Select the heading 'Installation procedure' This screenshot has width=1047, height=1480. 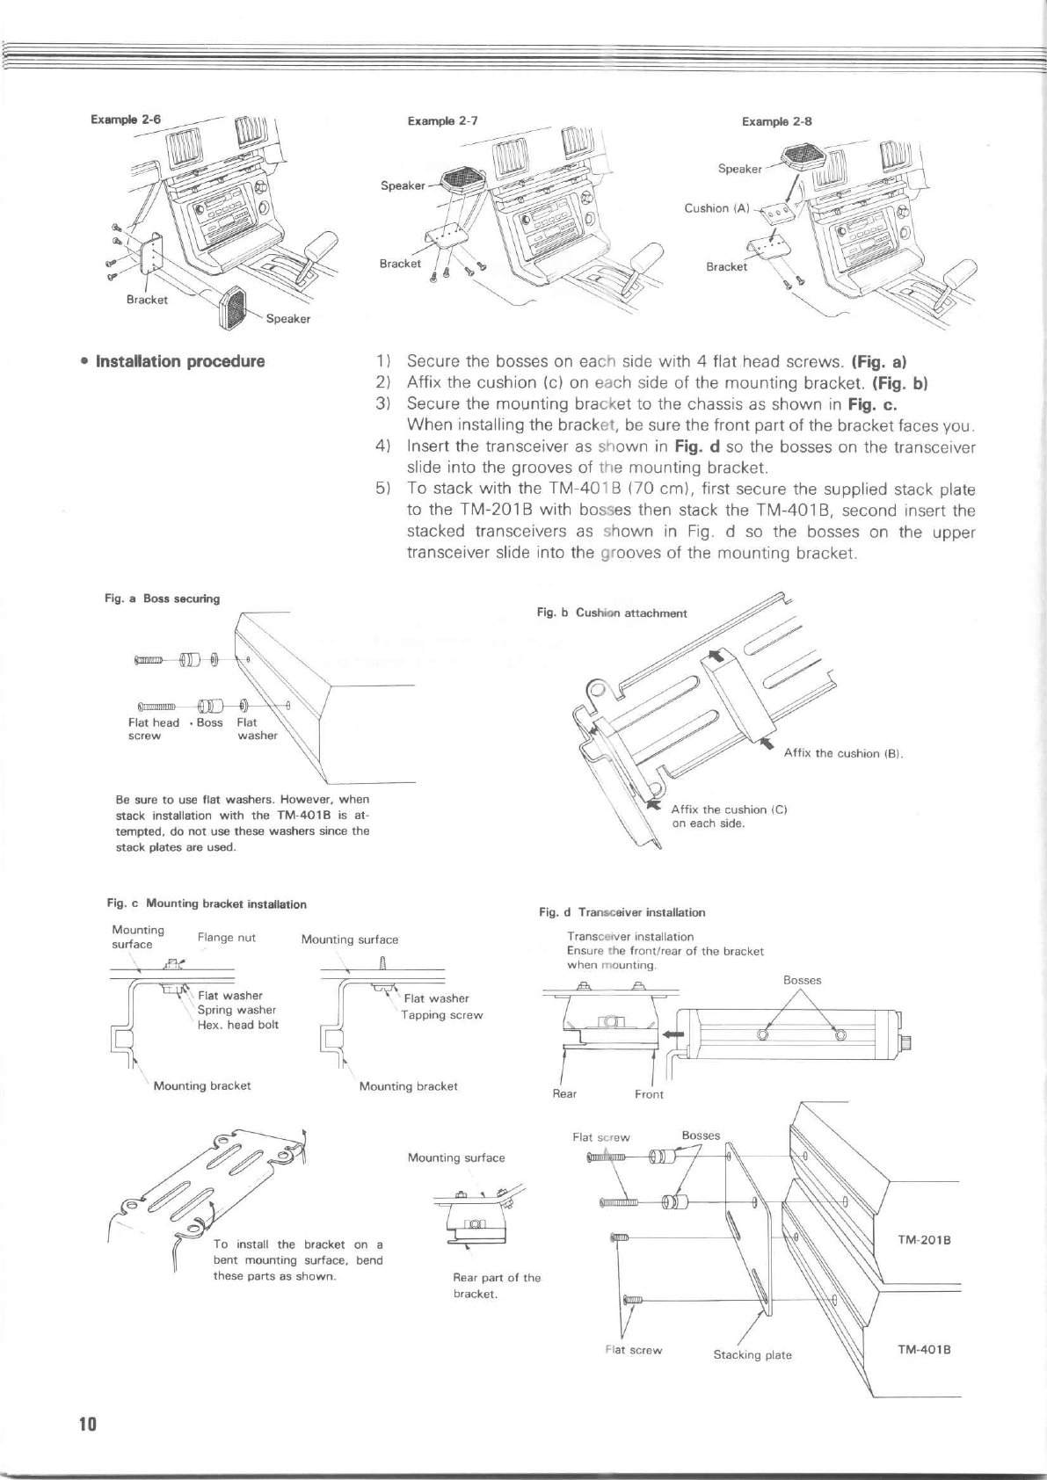click(173, 361)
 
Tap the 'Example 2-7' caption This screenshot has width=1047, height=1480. click(442, 121)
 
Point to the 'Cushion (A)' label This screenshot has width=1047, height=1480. click(716, 208)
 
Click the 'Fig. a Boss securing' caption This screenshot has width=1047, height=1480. click(163, 599)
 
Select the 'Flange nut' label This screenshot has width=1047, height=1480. click(227, 937)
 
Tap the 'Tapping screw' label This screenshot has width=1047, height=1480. click(442, 1015)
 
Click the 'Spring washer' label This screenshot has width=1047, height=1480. click(236, 1010)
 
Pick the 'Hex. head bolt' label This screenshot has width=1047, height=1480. click(237, 1025)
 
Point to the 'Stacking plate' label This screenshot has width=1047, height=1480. click(752, 1354)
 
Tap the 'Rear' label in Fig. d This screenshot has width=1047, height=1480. click(563, 1093)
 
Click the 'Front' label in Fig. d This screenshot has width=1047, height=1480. click(649, 1094)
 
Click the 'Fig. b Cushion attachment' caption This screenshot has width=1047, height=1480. click(612, 613)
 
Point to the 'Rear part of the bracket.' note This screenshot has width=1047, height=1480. click(497, 1286)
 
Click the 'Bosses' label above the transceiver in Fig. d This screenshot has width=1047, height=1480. click(802, 980)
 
